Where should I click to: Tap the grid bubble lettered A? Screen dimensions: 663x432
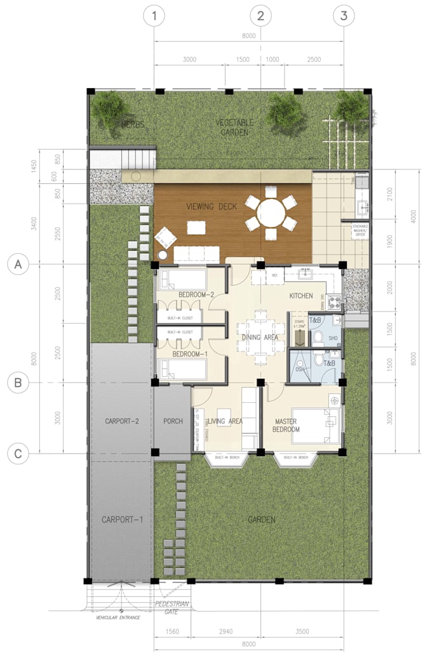point(18,265)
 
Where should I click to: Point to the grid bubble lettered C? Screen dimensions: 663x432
point(18,453)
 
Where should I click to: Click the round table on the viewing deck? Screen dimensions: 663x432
point(271,213)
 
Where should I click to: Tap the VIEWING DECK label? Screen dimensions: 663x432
point(212,206)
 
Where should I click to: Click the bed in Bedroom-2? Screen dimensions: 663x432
point(180,279)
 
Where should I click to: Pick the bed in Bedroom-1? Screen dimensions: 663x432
point(180,369)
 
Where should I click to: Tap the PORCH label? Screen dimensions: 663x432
point(173,421)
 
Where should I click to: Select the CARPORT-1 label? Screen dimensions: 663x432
point(122,520)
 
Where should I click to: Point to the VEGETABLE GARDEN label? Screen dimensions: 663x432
point(234,127)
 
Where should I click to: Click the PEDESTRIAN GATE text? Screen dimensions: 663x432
point(172,607)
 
